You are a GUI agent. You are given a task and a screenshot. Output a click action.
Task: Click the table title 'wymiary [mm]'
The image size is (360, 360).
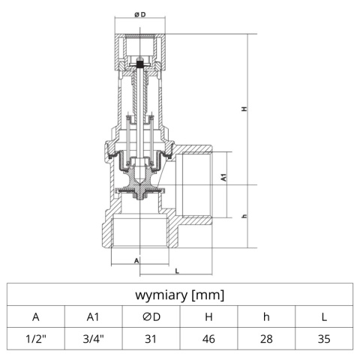click(180, 295)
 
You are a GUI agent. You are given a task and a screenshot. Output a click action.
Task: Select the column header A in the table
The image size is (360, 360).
click(36, 316)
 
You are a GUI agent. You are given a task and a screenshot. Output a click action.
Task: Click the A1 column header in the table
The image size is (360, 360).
click(94, 316)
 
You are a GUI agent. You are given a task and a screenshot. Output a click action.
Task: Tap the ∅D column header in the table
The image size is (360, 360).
click(151, 316)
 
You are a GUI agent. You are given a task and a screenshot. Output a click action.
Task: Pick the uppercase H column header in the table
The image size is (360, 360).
click(208, 316)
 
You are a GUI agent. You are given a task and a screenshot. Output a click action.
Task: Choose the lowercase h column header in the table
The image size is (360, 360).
click(266, 316)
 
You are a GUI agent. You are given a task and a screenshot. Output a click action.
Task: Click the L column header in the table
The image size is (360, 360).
click(324, 316)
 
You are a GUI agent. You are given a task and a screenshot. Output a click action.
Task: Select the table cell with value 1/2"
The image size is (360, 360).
click(36, 339)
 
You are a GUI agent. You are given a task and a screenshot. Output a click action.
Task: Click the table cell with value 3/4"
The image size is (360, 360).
click(94, 339)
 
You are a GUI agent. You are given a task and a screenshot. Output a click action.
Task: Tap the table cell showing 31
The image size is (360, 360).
click(151, 339)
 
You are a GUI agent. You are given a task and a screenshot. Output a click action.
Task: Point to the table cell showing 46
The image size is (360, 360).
click(208, 339)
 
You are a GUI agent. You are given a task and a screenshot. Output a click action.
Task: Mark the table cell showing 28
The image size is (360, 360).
click(266, 339)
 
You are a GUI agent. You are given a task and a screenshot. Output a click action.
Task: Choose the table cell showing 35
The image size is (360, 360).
click(324, 339)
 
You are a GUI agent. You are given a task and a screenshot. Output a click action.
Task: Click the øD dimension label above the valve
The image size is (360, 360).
click(139, 15)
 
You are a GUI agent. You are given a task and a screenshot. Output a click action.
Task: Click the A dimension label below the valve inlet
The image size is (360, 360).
click(136, 260)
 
